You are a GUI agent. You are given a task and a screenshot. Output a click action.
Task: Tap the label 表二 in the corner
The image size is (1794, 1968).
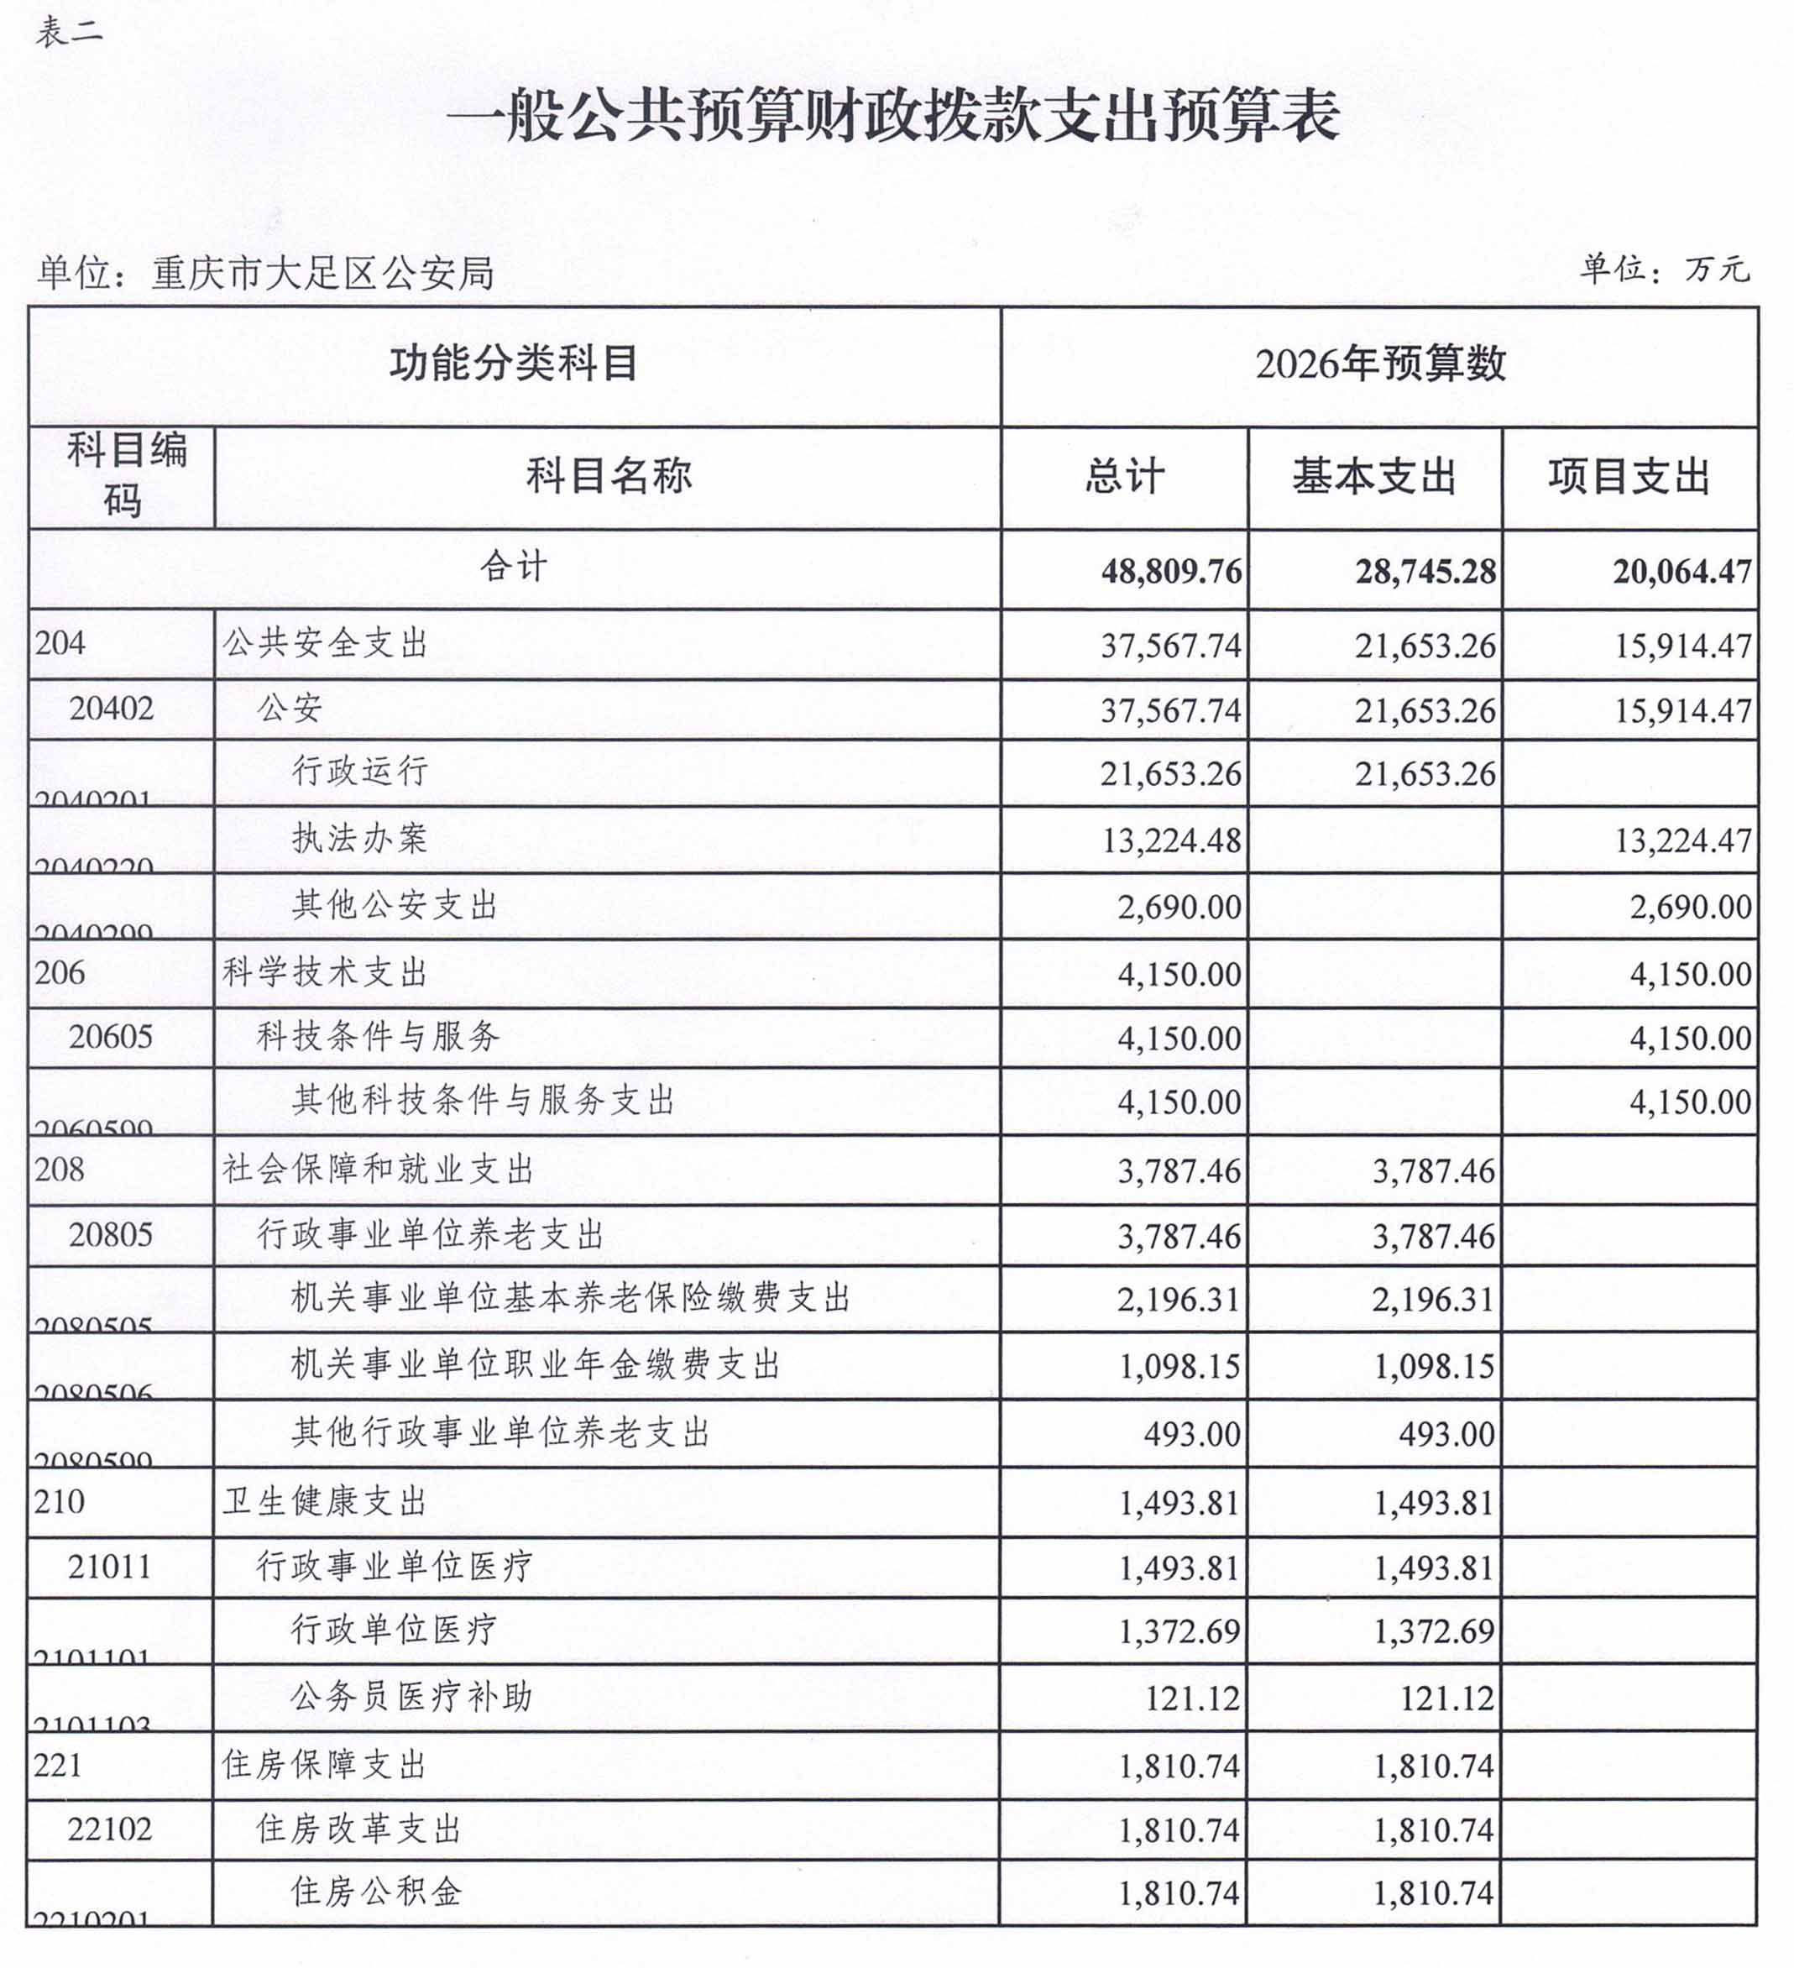pyautogui.click(x=68, y=32)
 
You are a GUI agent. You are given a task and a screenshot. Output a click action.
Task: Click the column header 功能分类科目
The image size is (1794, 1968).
pyautogui.click(x=514, y=364)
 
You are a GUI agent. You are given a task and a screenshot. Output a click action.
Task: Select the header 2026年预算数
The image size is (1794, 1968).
pyautogui.click(x=1379, y=364)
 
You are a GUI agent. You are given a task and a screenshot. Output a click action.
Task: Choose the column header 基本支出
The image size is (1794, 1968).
pyautogui.click(x=1373, y=478)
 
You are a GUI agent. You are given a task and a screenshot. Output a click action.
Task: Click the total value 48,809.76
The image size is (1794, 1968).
pyautogui.click(x=1170, y=571)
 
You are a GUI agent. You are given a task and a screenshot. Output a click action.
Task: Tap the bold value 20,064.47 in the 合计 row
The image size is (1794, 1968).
pyautogui.click(x=1681, y=571)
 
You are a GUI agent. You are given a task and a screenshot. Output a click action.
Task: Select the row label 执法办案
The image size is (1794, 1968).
pyautogui.click(x=360, y=839)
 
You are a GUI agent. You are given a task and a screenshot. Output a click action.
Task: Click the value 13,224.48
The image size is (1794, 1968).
pyautogui.click(x=1170, y=840)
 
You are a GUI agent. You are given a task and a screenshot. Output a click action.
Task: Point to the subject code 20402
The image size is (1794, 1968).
pyautogui.click(x=112, y=709)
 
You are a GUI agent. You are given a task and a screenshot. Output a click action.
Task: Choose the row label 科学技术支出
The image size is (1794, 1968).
pyautogui.click(x=325, y=972)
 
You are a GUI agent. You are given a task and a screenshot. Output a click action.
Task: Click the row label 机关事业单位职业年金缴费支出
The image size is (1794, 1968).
pyautogui.click(x=536, y=1364)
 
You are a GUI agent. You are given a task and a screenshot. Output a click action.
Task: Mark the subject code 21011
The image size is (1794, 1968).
pyautogui.click(x=109, y=1568)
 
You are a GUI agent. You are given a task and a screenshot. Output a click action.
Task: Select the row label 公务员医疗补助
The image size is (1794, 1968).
pyautogui.click(x=411, y=1697)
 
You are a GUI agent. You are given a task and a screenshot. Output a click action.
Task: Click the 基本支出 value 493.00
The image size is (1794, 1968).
pyautogui.click(x=1446, y=1434)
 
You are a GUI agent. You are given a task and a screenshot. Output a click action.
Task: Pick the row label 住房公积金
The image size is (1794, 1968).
pyautogui.click(x=376, y=1892)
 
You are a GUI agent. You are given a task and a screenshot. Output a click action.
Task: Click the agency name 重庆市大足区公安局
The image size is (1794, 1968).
pyautogui.click(x=322, y=275)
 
